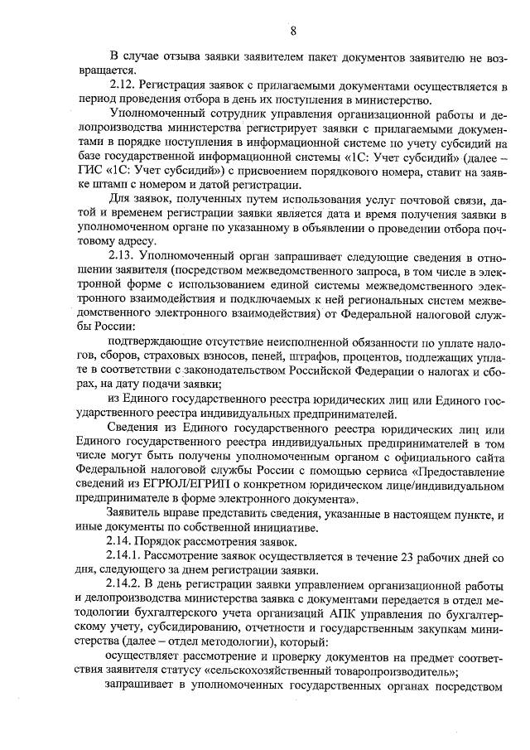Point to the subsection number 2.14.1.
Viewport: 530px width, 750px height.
(128, 554)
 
